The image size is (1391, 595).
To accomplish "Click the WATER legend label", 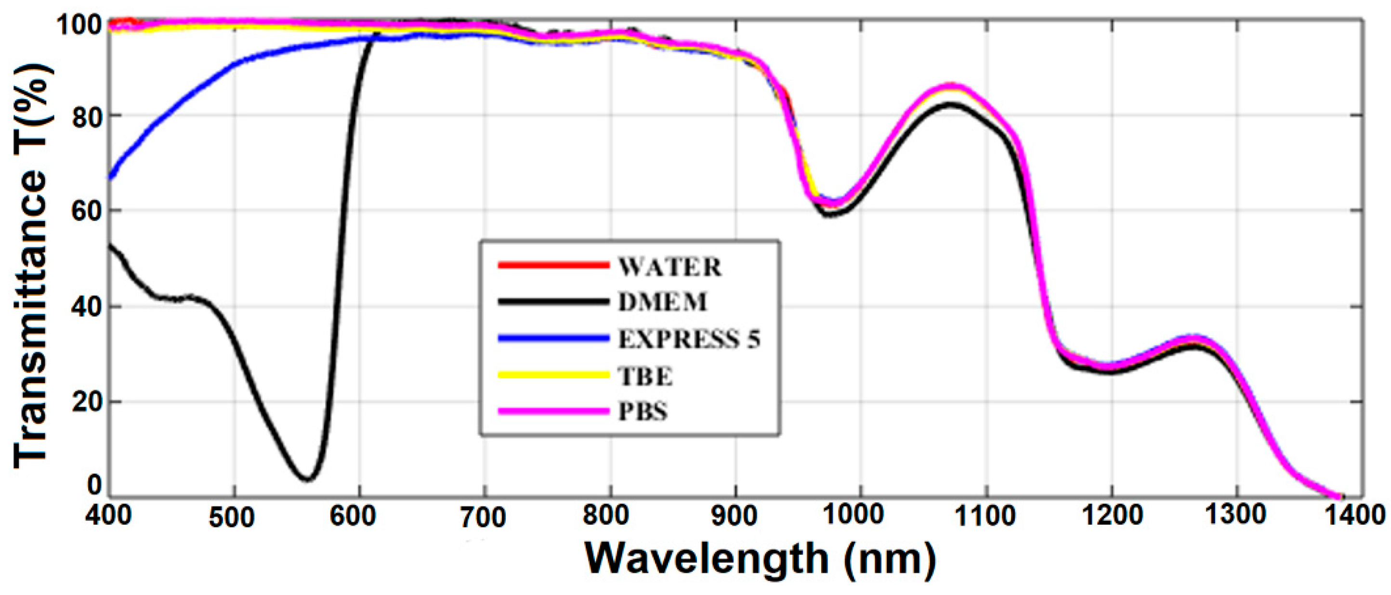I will (x=669, y=267).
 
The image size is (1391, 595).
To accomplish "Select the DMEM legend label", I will (x=662, y=302).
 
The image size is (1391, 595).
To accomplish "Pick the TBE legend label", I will (x=645, y=376).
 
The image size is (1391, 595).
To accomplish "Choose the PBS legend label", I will (x=643, y=412).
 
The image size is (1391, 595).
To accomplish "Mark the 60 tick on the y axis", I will (x=86, y=210).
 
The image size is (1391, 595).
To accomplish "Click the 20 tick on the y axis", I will (x=86, y=401).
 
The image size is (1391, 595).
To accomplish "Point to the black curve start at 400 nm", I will (x=111, y=246).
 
